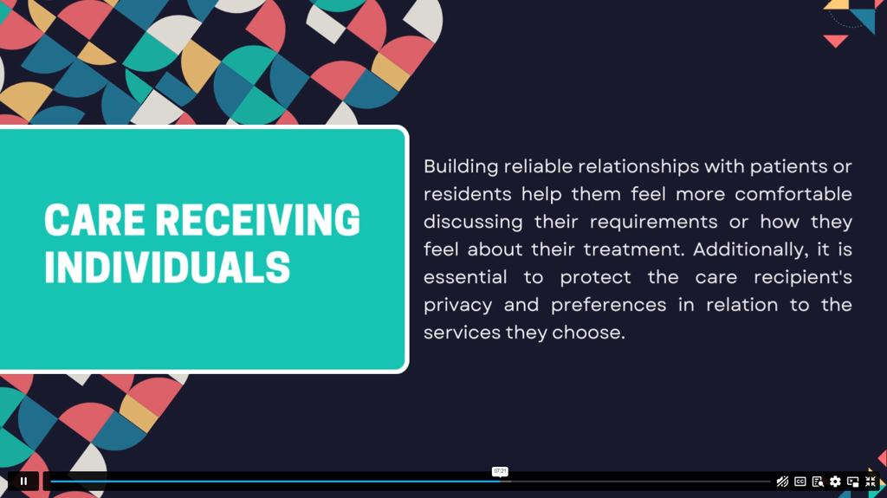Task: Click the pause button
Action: pos(23,481)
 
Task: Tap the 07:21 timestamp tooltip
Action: pos(500,471)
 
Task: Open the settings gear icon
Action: pos(835,482)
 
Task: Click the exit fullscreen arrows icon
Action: pos(870,482)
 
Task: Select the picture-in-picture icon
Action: pos(852,482)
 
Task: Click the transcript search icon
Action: pos(818,482)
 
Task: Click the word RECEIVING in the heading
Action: pos(257,220)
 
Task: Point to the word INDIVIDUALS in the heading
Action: pos(167,268)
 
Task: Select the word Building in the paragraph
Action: pos(461,167)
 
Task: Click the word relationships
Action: pos(638,167)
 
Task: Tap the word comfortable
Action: pos(793,194)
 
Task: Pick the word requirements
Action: pos(653,222)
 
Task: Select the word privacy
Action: pos(457,306)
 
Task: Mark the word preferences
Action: pos(608,305)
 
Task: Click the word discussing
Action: pos(473,222)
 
